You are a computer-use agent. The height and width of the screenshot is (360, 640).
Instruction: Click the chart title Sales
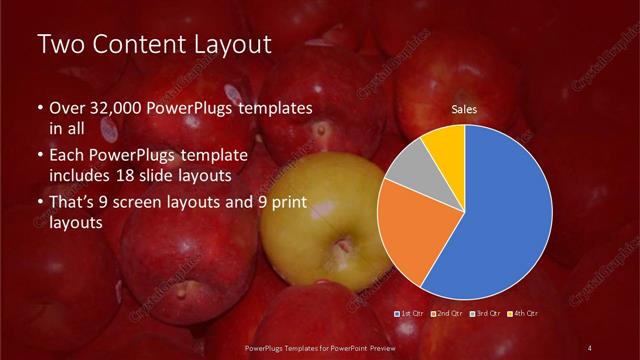pyautogui.click(x=463, y=110)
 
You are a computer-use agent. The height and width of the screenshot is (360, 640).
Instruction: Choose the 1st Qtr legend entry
pyautogui.click(x=412, y=314)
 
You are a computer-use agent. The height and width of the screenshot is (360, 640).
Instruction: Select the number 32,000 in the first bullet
pyautogui.click(x=123, y=107)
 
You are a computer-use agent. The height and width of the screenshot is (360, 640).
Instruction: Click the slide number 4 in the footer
pyautogui.click(x=590, y=347)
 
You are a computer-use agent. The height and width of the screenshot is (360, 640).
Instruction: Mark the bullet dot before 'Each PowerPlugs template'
pyautogui.click(x=40, y=155)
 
